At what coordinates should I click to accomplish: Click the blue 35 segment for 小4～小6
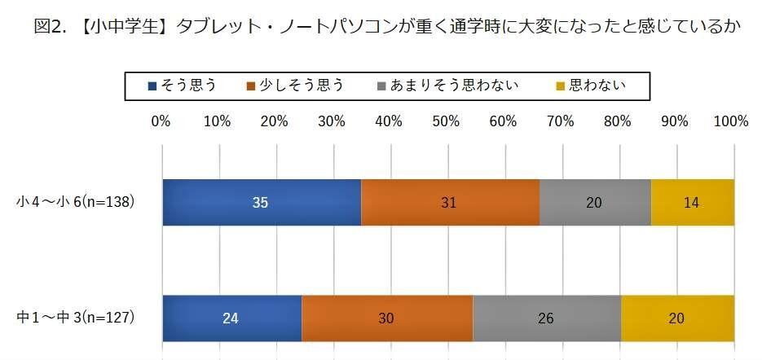[x=261, y=202]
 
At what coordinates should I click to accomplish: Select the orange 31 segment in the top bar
[x=450, y=202]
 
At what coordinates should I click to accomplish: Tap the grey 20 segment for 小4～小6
[x=594, y=202]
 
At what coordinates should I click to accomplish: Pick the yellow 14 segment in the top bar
[x=692, y=202]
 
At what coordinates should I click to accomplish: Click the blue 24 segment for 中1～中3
[x=231, y=318]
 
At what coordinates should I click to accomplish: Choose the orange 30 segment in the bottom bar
[x=387, y=318]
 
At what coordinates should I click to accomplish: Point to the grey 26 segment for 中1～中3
[x=546, y=318]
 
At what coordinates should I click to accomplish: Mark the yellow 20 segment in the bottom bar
[x=677, y=318]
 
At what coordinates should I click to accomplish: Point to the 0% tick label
[x=161, y=121]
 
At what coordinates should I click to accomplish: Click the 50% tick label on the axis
[x=446, y=121]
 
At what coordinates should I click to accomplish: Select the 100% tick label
[x=730, y=121]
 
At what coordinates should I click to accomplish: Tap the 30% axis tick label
[x=332, y=121]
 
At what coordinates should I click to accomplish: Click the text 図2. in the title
[x=50, y=27]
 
